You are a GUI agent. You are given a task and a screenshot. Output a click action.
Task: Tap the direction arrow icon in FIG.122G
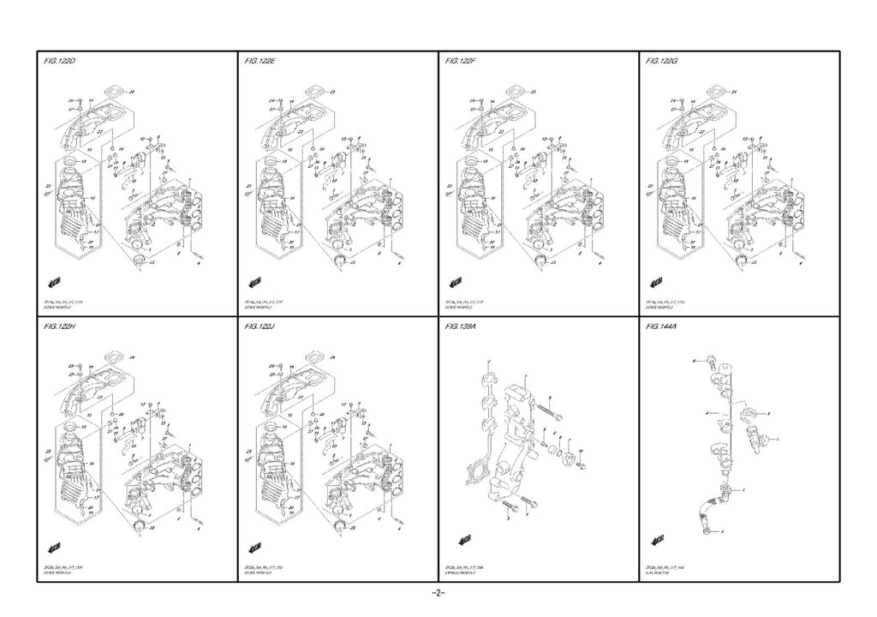[x=658, y=282]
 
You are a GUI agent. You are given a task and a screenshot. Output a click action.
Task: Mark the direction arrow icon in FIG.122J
[x=254, y=546]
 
